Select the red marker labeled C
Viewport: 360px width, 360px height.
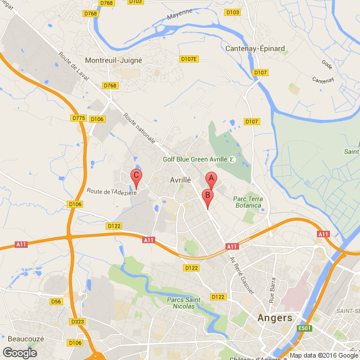point(136,176)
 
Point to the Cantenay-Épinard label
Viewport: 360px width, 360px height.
point(255,48)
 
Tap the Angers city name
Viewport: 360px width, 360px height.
point(275,318)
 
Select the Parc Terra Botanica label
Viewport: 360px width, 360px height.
point(248,202)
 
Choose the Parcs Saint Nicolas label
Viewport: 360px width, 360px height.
point(184,303)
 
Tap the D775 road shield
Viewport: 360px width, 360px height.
point(78,118)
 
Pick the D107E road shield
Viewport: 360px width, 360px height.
point(189,59)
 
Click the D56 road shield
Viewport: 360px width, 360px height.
point(56,302)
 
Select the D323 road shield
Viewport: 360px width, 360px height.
point(77,322)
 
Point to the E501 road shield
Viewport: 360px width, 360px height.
point(304,329)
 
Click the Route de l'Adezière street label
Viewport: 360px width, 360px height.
point(112,191)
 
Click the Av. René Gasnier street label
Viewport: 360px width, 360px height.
point(241,274)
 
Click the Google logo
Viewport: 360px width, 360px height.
point(19,352)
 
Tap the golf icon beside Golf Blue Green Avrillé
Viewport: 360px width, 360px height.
point(232,159)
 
